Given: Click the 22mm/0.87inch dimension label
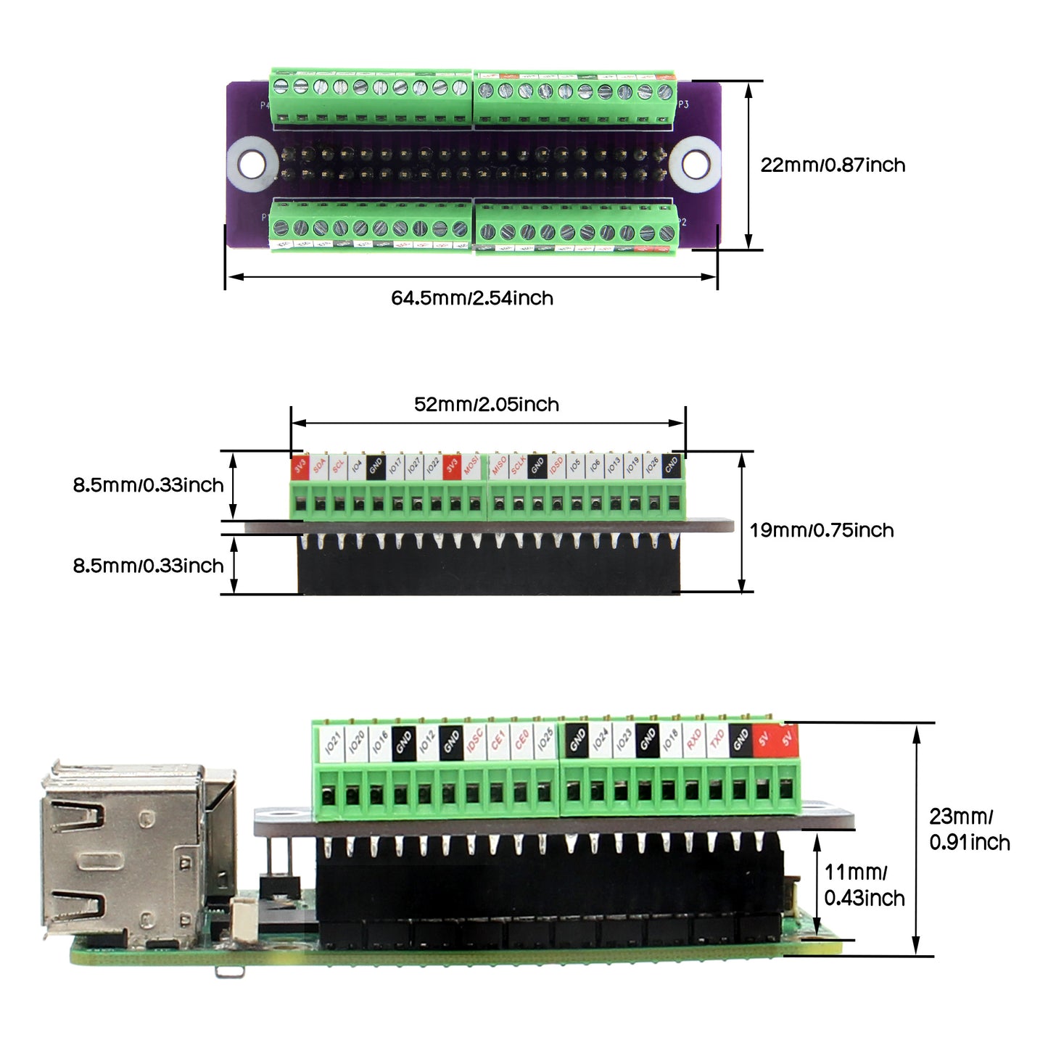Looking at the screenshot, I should tap(833, 165).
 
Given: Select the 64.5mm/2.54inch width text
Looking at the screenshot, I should tap(471, 298).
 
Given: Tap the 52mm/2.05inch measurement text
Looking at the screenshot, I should tap(486, 405).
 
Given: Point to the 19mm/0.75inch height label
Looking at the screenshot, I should tap(821, 530).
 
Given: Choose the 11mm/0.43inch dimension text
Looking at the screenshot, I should tap(864, 886).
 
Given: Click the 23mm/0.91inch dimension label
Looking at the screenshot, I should tap(969, 830).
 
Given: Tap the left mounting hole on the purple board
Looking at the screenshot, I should tap(251, 164).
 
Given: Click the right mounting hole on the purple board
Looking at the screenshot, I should tap(695, 165).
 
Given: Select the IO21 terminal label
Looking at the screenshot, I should tap(332, 742).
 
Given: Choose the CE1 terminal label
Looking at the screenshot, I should tap(498, 741).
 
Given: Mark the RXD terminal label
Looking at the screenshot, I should tap(693, 740).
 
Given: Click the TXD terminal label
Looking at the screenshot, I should tap(717, 740).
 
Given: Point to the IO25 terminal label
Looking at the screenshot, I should tap(545, 741).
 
